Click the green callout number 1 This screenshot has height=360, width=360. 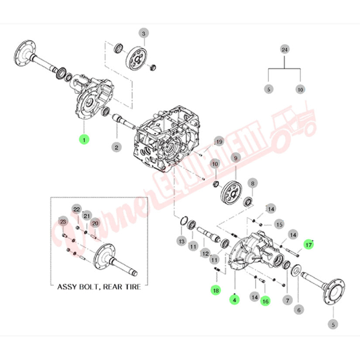point(83,140)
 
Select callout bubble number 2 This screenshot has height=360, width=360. point(117,147)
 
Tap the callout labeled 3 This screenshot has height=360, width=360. point(144,33)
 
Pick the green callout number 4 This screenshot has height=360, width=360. point(235,300)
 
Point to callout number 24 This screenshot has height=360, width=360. point(285,50)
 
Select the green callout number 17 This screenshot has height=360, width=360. point(309,245)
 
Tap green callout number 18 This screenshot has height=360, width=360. point(215,289)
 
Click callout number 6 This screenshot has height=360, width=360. point(299,310)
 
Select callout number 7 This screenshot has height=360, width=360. point(287,300)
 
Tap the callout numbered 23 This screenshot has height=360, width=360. point(63,222)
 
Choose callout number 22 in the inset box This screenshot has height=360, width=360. point(77,209)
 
